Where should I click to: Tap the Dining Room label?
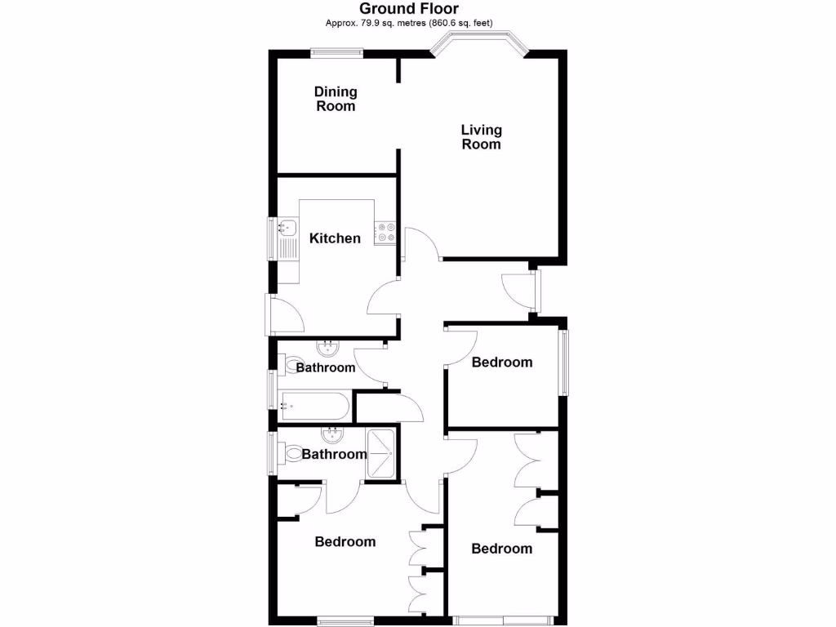(x=336, y=99)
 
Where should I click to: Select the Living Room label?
(x=481, y=136)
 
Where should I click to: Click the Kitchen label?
(x=335, y=238)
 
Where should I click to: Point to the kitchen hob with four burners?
(x=385, y=233)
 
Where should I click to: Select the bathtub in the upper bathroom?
(x=314, y=404)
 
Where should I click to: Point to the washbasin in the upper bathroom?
(x=330, y=349)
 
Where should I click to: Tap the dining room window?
(x=336, y=53)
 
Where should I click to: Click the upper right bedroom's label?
(x=502, y=362)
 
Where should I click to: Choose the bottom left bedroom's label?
(x=345, y=541)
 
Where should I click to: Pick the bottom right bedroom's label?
(x=502, y=549)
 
